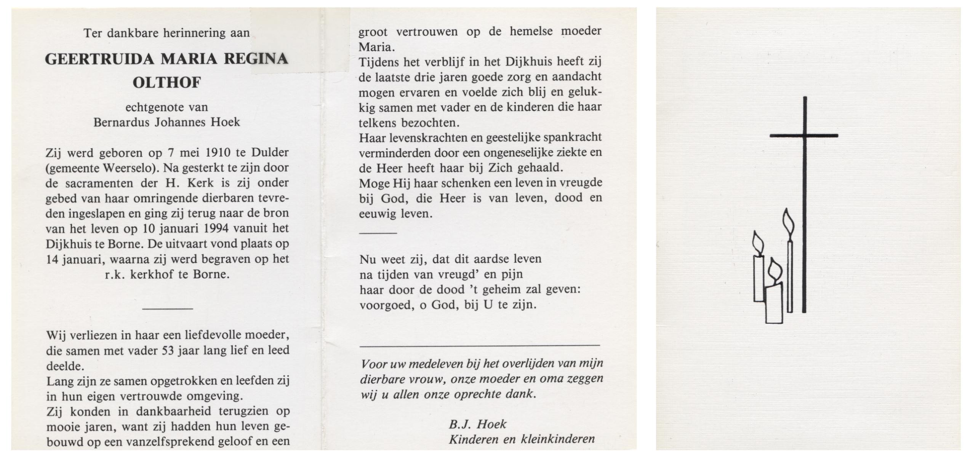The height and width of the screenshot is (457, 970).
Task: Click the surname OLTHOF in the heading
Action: point(166,82)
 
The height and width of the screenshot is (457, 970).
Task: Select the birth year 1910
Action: point(218,153)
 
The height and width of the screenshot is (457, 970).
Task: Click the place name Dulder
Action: point(270,153)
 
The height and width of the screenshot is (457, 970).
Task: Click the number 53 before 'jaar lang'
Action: point(168,350)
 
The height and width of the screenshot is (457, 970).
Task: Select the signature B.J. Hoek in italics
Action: point(477,424)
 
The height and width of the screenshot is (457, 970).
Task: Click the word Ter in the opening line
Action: point(93,33)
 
